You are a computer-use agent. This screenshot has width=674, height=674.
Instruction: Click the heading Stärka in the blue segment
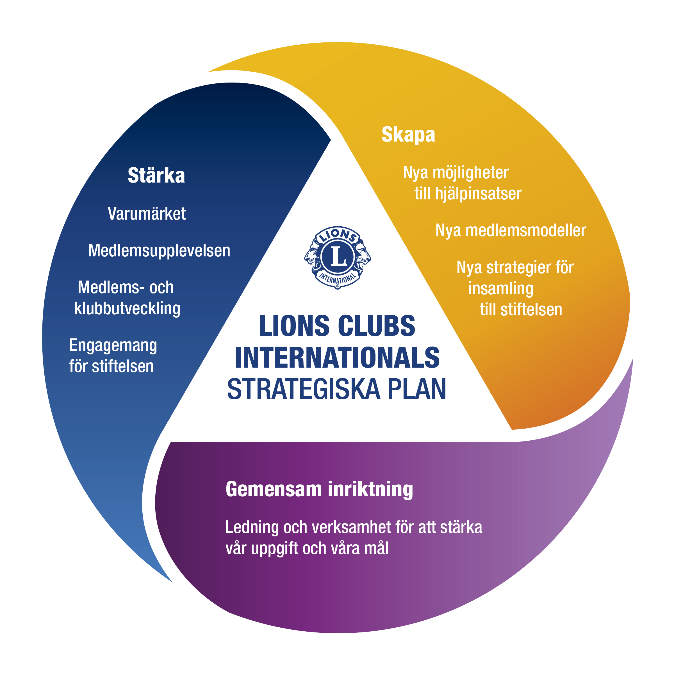pos(156,175)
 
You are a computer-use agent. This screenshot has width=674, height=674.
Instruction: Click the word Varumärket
pos(147,213)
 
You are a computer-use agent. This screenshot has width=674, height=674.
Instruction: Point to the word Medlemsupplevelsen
pos(159,251)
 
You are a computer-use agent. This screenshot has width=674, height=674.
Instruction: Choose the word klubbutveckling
pos(127,308)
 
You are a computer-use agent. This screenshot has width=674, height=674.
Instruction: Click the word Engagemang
pos(113,346)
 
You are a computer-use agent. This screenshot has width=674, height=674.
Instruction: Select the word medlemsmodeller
pos(526,231)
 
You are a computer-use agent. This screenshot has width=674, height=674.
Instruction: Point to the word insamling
pos(501,289)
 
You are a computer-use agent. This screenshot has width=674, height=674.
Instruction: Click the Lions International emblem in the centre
pos(337,258)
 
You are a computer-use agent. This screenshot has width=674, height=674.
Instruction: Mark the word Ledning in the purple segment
pos(252,527)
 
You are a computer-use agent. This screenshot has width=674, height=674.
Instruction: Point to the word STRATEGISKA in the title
pos(304,389)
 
